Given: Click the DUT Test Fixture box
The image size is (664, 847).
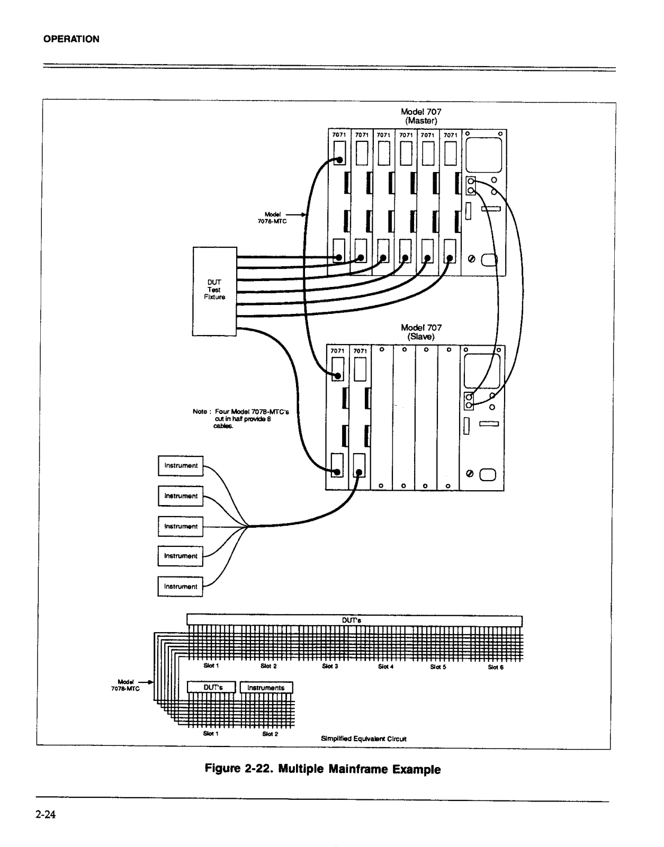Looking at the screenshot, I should pos(214,291).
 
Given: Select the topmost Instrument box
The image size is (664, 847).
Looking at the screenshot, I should pos(181,466).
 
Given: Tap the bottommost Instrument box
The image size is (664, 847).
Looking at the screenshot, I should pos(181,587).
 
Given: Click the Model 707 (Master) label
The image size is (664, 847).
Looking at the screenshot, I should pos(421,116).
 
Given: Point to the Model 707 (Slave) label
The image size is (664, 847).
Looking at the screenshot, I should pos(421,332).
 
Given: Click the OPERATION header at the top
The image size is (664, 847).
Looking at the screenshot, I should pos(71,39).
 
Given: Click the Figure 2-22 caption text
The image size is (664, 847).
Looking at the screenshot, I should pos(322,769).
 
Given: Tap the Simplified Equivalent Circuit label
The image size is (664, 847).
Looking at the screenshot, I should pos(364,738).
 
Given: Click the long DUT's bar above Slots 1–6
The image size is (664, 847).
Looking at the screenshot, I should pos(354,620).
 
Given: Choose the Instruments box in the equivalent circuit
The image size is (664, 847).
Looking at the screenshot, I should pos(266,688).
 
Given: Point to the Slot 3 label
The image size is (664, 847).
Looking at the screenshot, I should pos(330,666).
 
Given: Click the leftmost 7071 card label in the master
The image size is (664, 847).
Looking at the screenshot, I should pos(339,135).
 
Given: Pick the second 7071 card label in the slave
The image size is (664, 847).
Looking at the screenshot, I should pos(360,351).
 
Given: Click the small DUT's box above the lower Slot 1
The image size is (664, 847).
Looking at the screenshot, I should pos(213,688).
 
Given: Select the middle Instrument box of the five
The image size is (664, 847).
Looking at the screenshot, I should pos(181,526).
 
